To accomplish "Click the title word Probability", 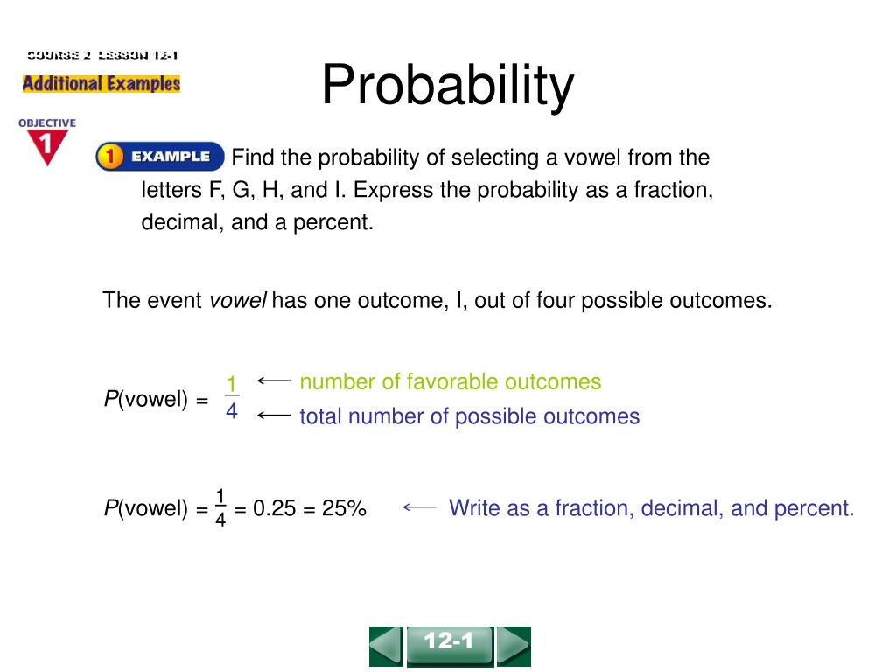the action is (447, 86).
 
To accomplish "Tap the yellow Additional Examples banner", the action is (101, 83).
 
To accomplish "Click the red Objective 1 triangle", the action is (47, 147).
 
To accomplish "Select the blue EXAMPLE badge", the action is (160, 157).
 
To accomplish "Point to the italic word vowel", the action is (238, 300).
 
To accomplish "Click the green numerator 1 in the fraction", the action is (231, 383).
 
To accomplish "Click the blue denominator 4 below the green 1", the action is (231, 410).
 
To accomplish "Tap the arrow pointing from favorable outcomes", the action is (274, 381).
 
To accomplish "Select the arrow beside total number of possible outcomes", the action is (274, 416).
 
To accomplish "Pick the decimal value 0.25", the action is (274, 508).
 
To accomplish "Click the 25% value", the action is (344, 508).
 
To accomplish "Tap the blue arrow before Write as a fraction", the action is (419, 507).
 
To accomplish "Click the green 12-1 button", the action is (450, 646).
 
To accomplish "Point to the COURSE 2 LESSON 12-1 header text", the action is (102, 55).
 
